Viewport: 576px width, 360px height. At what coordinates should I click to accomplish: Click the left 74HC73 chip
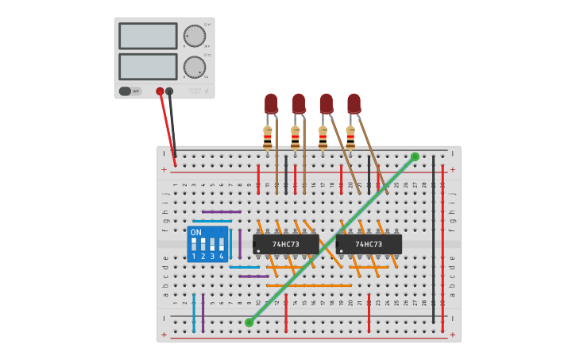coord(285,244)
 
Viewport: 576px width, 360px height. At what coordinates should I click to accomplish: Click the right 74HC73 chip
coord(369,244)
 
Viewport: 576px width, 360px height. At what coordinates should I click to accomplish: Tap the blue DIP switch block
coord(207,244)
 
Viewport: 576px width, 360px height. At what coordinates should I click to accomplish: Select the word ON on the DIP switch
coord(196,232)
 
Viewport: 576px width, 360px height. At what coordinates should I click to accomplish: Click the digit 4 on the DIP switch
coord(222,257)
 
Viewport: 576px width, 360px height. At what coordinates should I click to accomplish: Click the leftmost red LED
coord(271,103)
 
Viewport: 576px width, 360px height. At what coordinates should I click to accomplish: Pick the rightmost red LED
coord(354,103)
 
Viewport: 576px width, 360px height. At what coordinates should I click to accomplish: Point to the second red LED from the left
coord(299,103)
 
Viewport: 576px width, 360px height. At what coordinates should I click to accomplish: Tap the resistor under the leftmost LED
coord(268,137)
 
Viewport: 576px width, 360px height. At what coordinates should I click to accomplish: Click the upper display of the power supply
coord(148,36)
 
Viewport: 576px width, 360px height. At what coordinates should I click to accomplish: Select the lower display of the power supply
coord(148,66)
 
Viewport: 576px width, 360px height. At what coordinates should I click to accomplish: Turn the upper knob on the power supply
coord(195,36)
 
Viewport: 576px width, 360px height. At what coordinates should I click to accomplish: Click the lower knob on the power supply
coord(195,67)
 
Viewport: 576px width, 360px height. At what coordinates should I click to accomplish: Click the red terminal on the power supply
coord(160,91)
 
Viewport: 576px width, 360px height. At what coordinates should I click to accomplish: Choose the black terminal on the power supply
coord(169,91)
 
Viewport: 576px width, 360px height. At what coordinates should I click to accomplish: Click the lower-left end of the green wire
coord(249,322)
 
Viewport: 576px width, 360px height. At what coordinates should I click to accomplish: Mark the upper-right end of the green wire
coord(415,157)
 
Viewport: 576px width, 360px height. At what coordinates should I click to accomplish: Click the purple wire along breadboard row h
coord(222,212)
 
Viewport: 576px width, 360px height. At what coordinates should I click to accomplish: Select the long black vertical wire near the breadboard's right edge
coord(434,238)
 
